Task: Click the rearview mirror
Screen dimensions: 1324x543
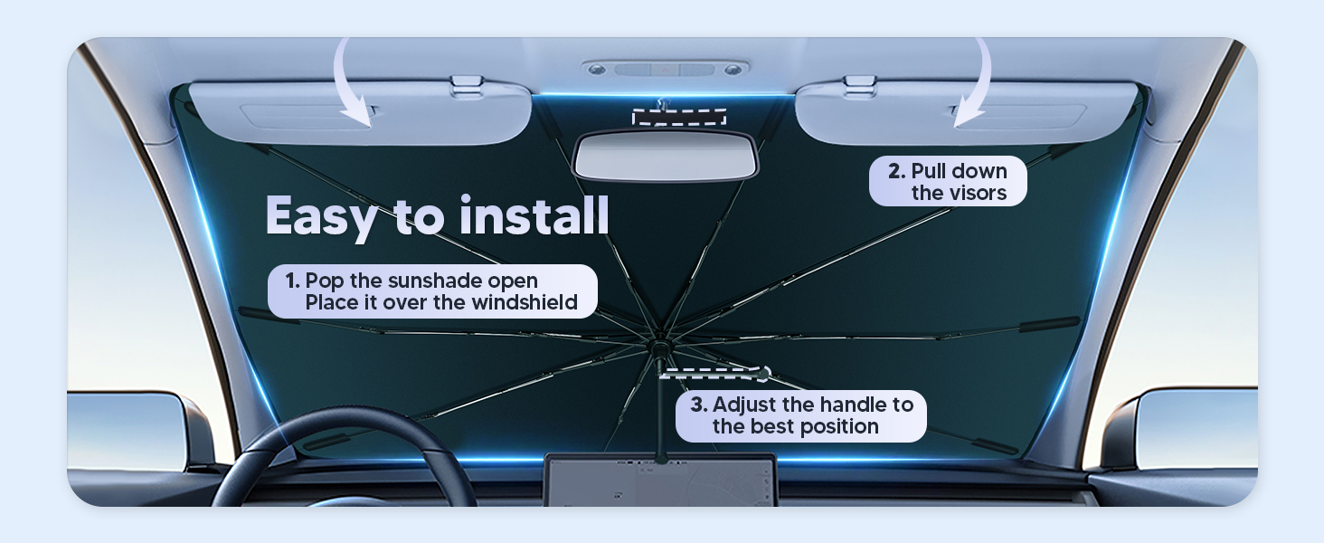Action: [666, 157]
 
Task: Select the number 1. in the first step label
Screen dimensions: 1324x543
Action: [293, 281]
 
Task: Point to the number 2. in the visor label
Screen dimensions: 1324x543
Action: [896, 171]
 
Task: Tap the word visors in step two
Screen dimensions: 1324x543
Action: [978, 193]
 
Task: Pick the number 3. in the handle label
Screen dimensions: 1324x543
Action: [699, 405]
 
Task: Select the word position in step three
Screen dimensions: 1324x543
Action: [843, 427]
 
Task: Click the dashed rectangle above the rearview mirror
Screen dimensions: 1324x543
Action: [679, 117]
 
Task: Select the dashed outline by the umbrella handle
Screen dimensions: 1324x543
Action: [715, 374]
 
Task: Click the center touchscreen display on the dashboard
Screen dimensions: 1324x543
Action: [660, 480]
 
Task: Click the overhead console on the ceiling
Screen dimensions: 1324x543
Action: [666, 69]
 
